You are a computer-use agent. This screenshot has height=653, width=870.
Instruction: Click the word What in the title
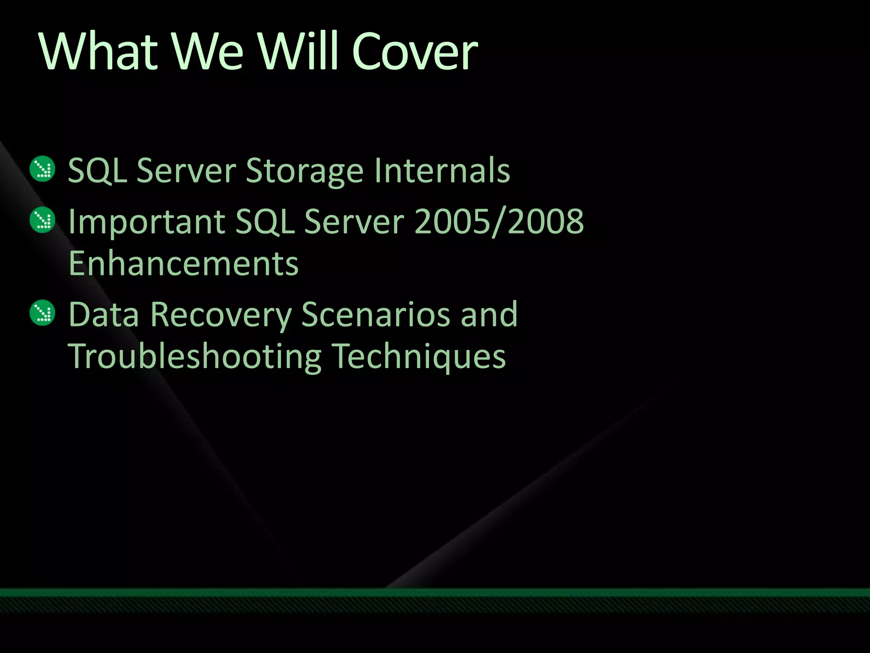pos(98,51)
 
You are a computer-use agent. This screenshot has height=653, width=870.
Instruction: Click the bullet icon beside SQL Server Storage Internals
pos(42,169)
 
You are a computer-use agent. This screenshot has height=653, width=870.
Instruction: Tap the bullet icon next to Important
pos(42,220)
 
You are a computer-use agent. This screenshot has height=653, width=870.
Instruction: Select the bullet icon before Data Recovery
pos(42,313)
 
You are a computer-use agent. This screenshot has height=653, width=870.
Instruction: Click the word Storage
pos(304,171)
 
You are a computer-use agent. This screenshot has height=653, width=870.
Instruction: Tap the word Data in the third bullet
pos(104,315)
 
